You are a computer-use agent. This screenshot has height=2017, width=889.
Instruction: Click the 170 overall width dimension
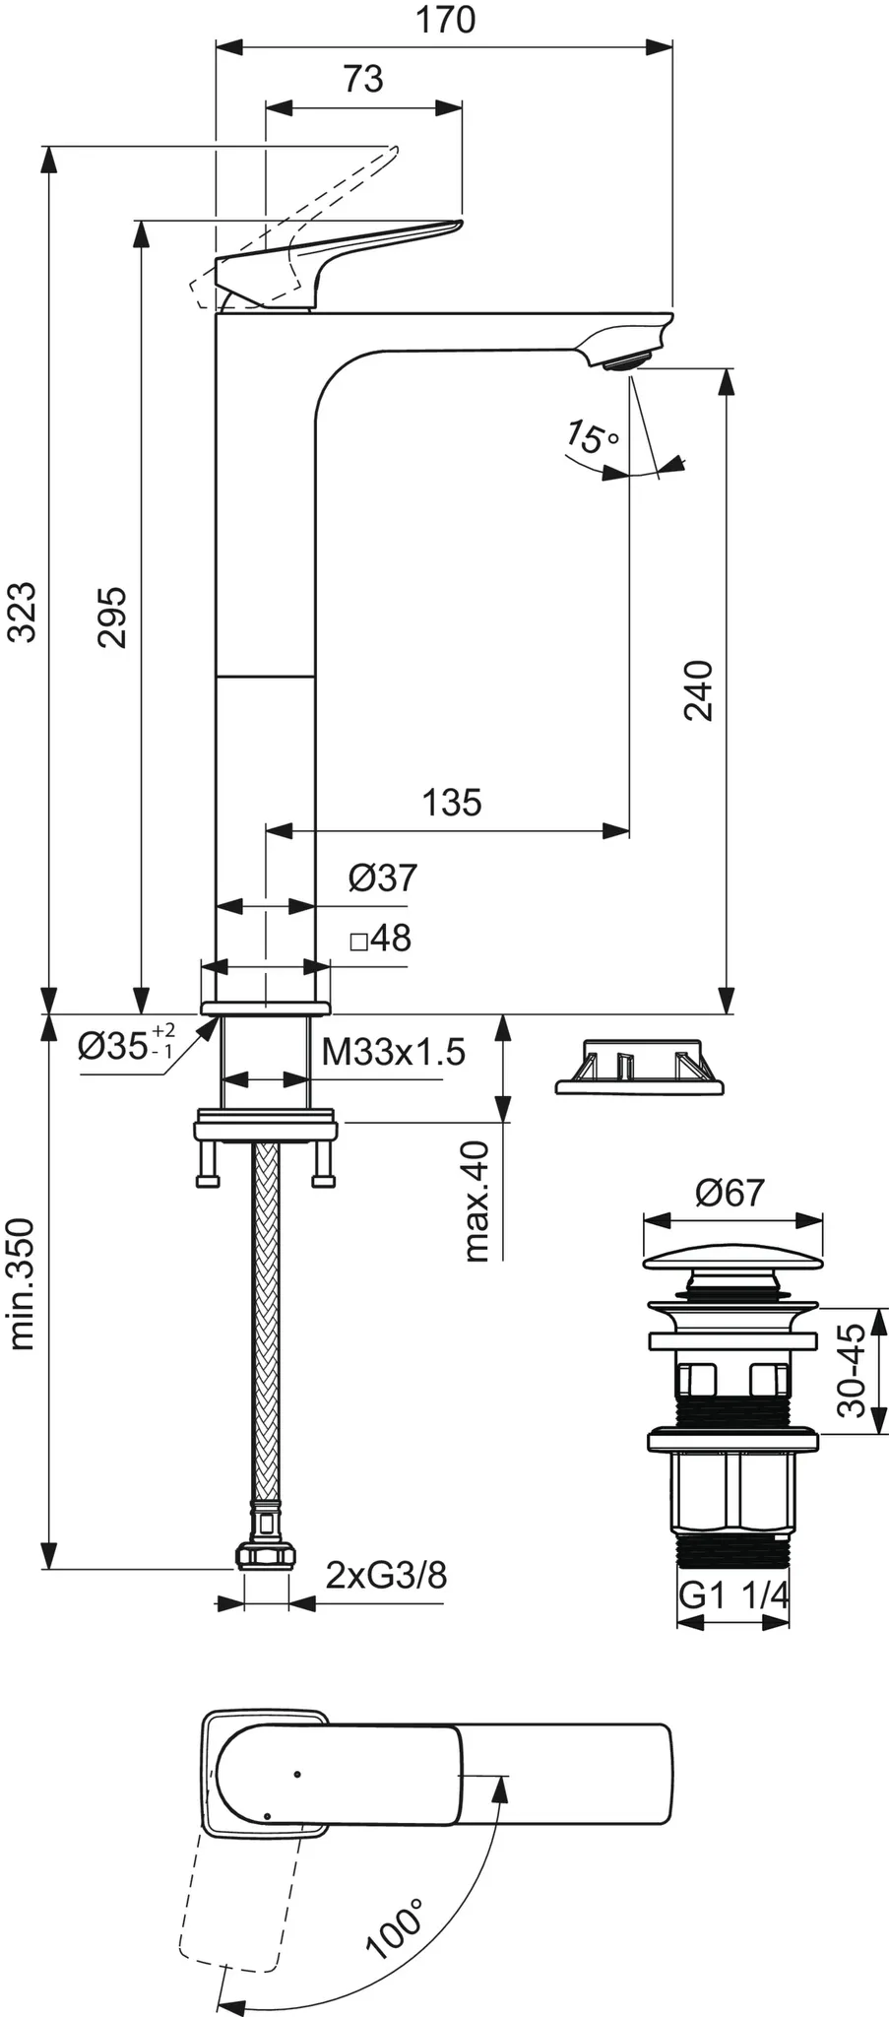click(445, 21)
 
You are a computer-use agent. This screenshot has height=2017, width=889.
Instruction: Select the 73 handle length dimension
click(363, 79)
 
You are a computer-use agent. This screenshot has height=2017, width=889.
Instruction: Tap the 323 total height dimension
click(22, 612)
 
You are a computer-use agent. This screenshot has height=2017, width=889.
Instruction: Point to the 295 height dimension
click(111, 617)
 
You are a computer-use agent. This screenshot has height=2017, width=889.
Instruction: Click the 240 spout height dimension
click(697, 690)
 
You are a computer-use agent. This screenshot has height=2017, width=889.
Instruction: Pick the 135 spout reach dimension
click(452, 803)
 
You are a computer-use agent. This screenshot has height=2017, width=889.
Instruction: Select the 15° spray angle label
click(592, 436)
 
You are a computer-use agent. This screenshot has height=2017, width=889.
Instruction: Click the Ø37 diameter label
click(383, 878)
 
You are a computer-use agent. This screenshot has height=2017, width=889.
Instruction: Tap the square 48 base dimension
click(381, 939)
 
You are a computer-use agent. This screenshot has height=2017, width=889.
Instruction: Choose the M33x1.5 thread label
click(394, 1053)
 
